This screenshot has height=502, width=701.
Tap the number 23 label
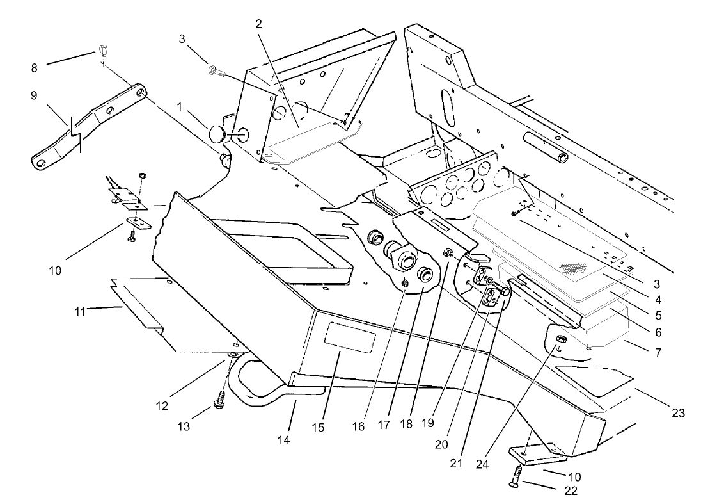(x=677, y=414)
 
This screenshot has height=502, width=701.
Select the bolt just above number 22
(x=516, y=474)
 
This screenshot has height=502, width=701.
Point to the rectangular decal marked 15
(x=349, y=337)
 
